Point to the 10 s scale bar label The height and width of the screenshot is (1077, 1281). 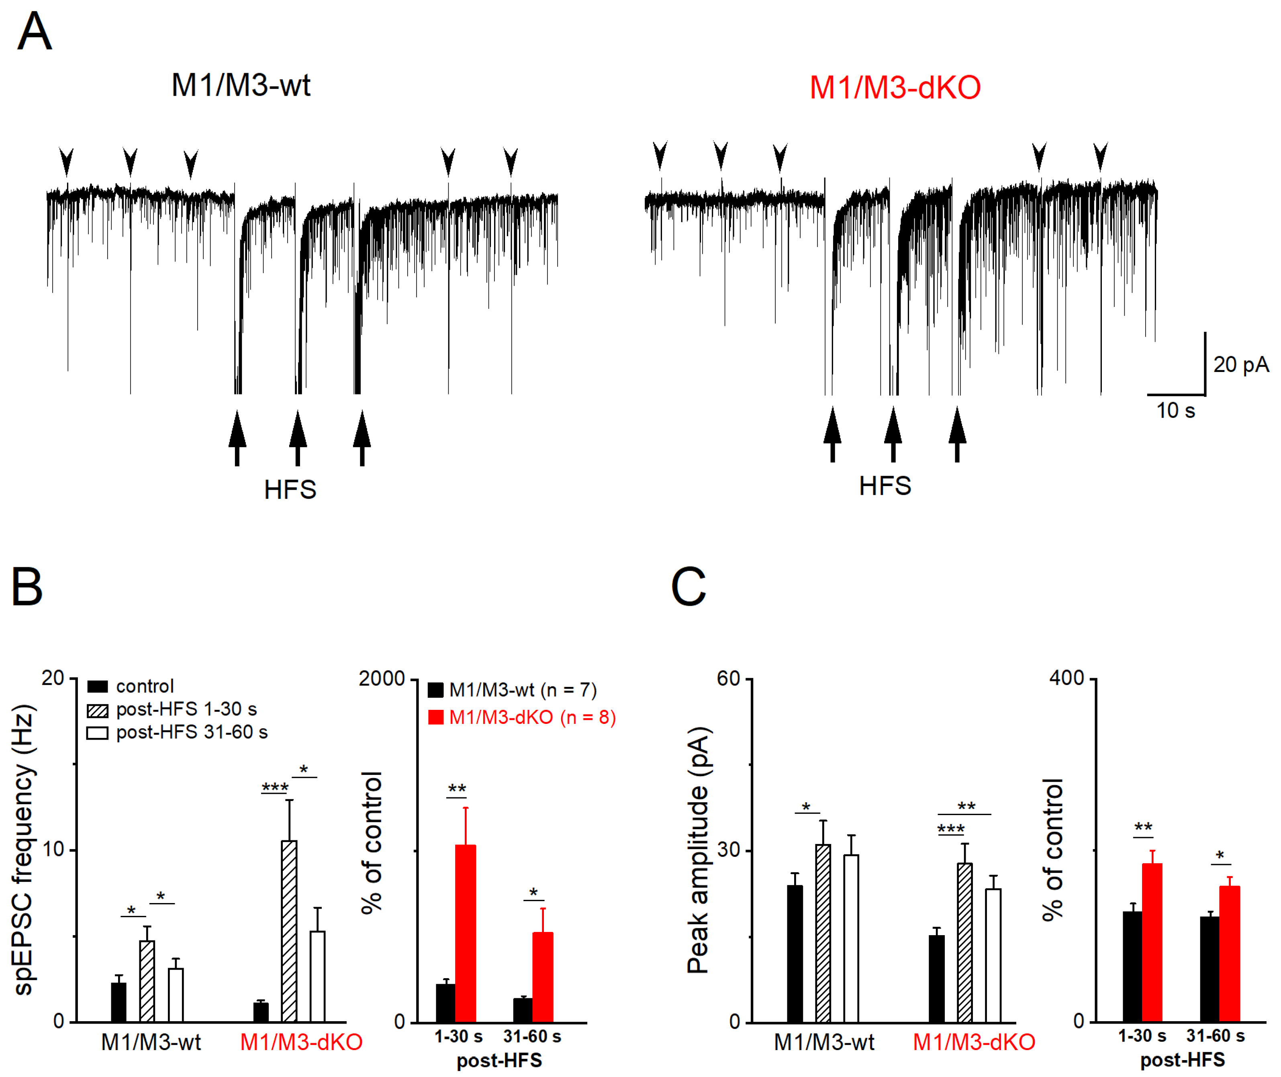tap(1175, 410)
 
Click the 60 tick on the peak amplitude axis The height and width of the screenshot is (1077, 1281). tap(728, 678)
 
